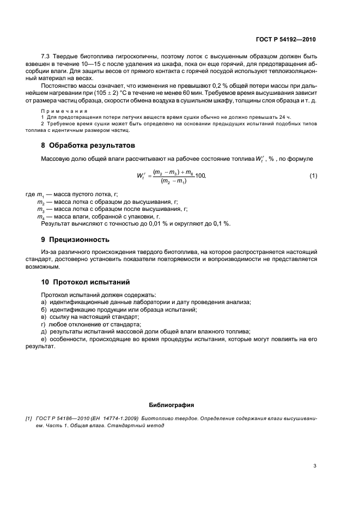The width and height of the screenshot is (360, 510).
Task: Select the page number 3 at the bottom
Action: point(315,466)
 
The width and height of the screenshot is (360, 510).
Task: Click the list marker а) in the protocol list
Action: point(44,302)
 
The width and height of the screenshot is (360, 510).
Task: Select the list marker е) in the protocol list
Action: point(44,339)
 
